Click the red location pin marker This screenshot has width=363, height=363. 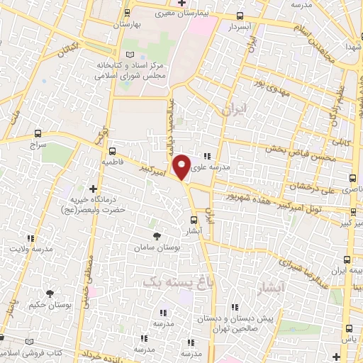point(182,166)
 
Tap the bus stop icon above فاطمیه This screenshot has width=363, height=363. point(112,150)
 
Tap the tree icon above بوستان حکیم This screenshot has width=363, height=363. point(49,294)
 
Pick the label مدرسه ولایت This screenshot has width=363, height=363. point(30,250)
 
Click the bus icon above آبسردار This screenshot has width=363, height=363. point(240,16)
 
